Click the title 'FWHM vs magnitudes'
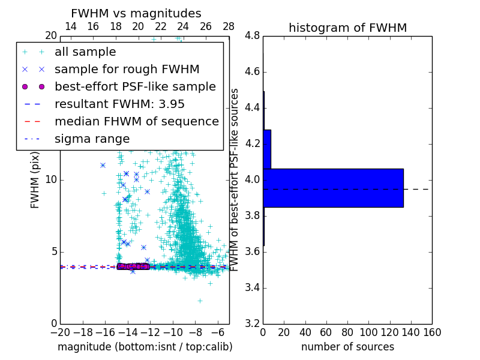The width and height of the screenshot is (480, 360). pos(136,13)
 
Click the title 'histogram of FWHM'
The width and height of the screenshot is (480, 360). pos(347,28)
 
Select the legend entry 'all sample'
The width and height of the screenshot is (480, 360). pos(85,52)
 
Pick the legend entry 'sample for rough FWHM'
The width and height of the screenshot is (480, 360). pos(127,69)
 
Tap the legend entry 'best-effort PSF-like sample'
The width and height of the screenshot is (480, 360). pos(135,86)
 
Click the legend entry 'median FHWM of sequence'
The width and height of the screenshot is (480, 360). pos(136,121)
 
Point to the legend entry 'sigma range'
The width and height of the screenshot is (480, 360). pos(92,139)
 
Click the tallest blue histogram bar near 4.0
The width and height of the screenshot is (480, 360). pos(333,188)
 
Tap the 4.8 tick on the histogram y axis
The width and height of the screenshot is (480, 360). pos(252,36)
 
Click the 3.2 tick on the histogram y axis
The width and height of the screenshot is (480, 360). pos(252,323)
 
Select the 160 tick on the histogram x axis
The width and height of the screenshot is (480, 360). pos(432,332)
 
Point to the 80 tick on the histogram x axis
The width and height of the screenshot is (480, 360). pos(347,332)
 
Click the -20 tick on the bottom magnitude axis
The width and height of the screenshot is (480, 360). pos(60,332)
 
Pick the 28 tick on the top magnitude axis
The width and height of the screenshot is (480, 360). pos(229,26)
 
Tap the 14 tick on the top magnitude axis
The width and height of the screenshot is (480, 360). pos(70,26)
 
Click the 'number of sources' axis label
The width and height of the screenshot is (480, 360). pos(347,347)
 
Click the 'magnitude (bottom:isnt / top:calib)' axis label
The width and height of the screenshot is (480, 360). pos(145,347)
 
